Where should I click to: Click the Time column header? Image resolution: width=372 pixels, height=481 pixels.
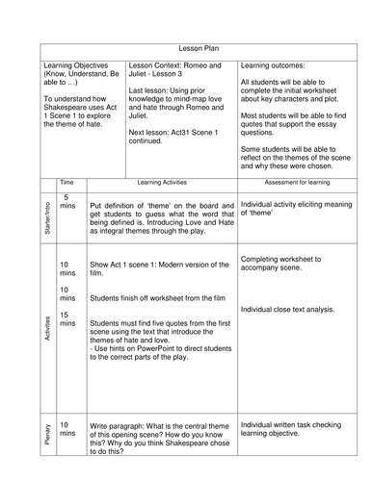click(x=66, y=181)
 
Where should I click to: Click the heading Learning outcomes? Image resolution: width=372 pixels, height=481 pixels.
click(x=275, y=64)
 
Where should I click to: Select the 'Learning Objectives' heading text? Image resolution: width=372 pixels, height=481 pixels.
click(x=80, y=64)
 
